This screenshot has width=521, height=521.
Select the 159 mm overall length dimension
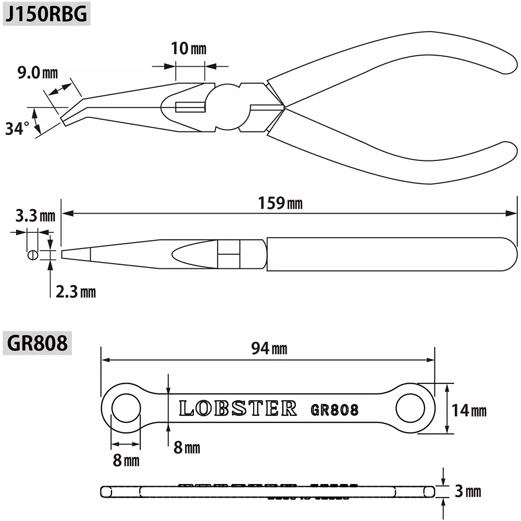click(x=280, y=203)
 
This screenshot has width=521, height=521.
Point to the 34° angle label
click(x=17, y=128)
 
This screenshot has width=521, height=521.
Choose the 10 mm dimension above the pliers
click(x=188, y=49)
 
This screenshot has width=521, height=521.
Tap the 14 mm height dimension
click(x=468, y=410)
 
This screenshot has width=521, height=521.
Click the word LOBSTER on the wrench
click(x=238, y=408)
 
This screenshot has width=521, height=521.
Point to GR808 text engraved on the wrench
click(x=334, y=410)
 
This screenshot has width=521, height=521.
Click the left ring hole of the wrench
click(x=126, y=407)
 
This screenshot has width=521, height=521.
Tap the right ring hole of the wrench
click(x=410, y=407)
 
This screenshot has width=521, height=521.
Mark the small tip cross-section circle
click(x=32, y=255)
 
